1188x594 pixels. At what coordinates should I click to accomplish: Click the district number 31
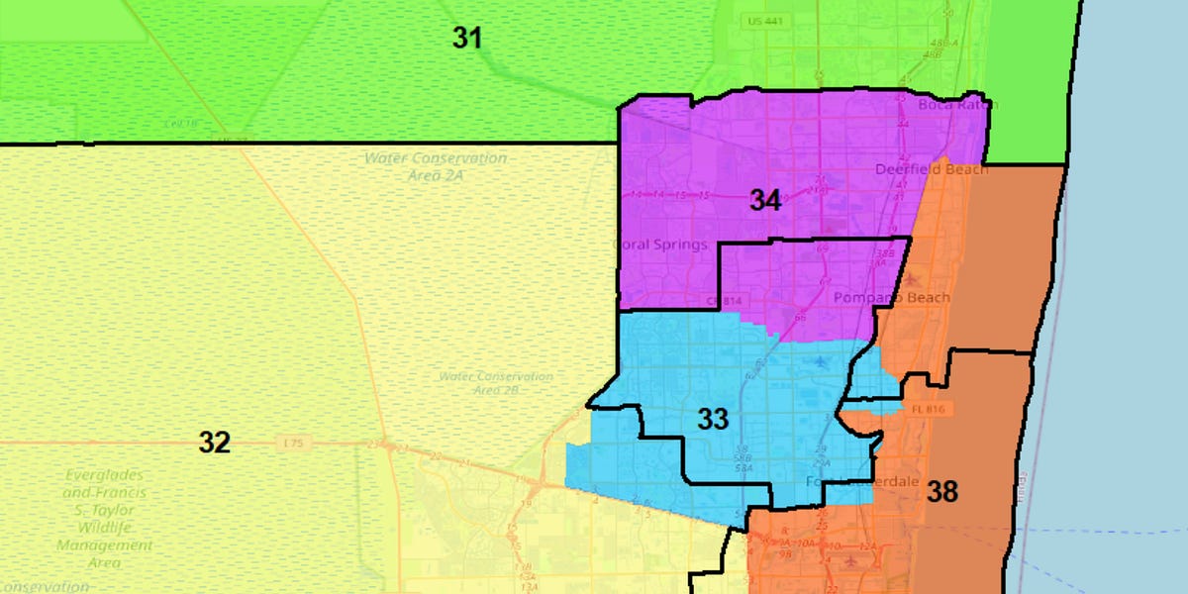click(x=467, y=39)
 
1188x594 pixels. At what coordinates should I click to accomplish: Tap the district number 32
click(x=214, y=443)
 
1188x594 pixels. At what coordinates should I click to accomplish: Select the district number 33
click(x=713, y=419)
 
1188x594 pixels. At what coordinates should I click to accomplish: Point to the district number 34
click(x=764, y=201)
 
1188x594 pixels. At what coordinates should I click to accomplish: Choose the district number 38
click(x=941, y=491)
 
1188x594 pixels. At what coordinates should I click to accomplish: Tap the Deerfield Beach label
click(x=932, y=169)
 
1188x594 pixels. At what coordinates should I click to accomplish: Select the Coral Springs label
click(x=658, y=245)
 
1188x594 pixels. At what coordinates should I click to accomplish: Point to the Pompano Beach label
click(x=891, y=298)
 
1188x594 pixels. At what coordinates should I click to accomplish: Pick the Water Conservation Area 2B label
click(x=496, y=383)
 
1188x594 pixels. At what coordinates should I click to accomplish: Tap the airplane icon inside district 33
click(x=819, y=363)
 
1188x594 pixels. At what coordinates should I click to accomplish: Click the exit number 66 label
click(x=800, y=318)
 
